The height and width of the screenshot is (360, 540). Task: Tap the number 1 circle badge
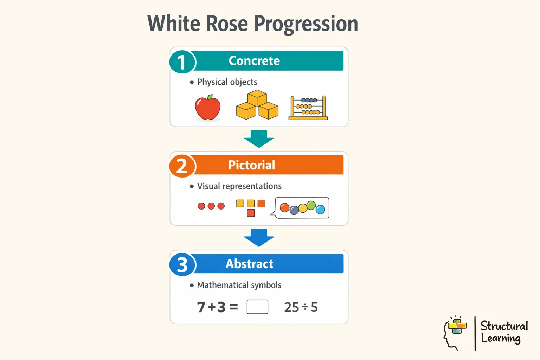pos(182,62)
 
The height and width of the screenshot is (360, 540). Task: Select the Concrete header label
pos(254,61)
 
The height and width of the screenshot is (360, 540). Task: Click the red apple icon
pos(208,108)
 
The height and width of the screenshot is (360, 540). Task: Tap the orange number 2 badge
pos(182,166)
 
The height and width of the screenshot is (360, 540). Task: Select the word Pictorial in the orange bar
pos(252,165)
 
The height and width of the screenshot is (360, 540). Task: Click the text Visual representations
pos(239,186)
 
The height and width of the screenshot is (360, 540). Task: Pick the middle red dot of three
pos(211,206)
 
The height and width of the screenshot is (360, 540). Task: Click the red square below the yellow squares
pos(251,213)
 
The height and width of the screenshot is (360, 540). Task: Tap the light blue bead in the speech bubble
pos(320,210)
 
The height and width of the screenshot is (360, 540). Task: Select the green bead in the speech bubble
pos(311,205)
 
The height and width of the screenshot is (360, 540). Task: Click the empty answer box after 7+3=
pos(257,307)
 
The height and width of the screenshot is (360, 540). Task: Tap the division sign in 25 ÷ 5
pos(305,307)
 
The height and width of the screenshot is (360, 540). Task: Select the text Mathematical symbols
pos(239,285)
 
